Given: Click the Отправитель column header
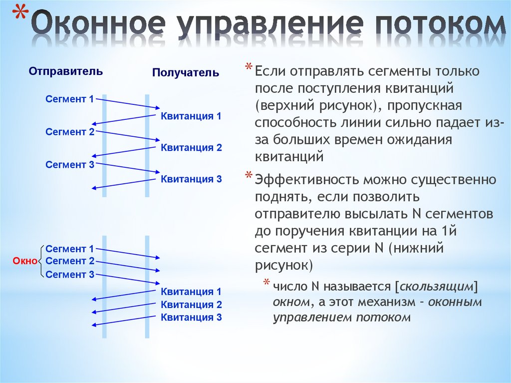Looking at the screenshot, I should [66, 71].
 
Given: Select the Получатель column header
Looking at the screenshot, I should [185, 73].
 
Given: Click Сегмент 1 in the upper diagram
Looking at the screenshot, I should [69, 99].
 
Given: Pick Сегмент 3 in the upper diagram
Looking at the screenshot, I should [69, 164].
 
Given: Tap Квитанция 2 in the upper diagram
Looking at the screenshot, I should [191, 148].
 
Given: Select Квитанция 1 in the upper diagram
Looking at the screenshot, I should [191, 116].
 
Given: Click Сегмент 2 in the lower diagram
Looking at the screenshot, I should [69, 261].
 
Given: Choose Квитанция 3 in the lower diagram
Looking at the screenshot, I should [191, 317].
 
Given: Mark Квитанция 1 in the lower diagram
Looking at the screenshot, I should [191, 292].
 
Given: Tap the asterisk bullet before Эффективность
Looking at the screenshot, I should [249, 176].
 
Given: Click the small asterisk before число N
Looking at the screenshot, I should [267, 283].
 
